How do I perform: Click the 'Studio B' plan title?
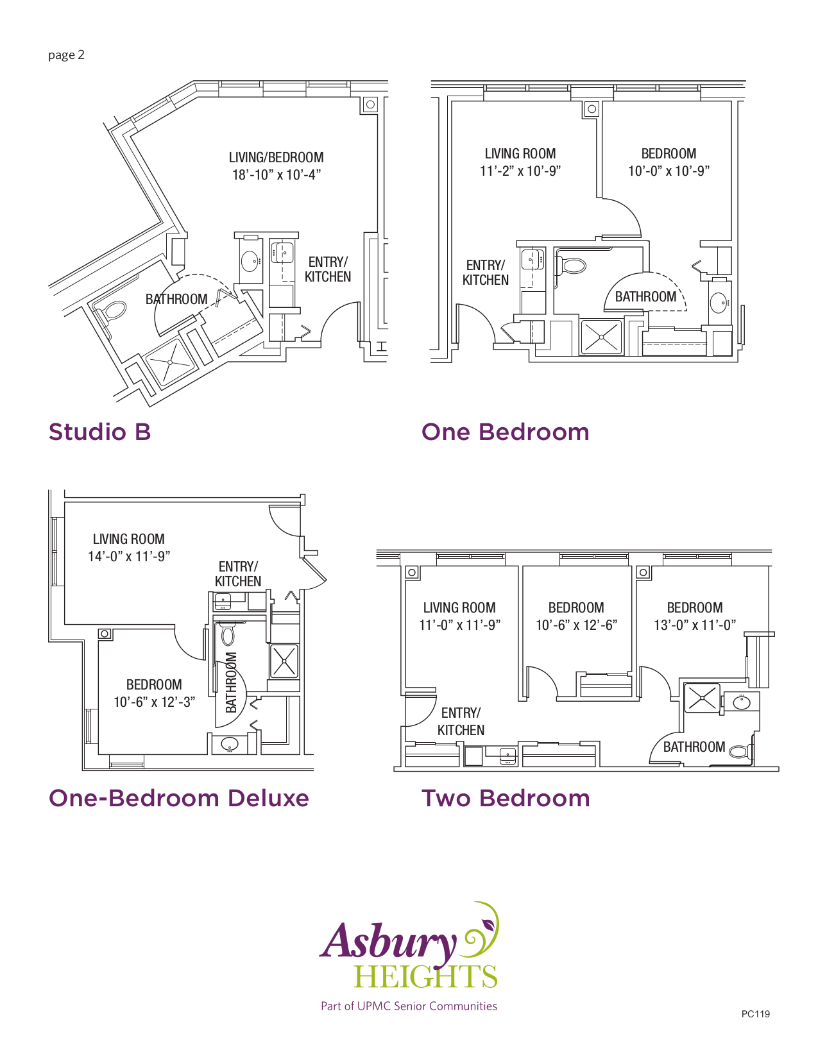99,432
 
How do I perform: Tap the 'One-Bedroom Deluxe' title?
179,799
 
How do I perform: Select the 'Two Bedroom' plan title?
506,799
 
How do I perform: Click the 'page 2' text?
66,55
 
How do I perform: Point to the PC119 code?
755,1014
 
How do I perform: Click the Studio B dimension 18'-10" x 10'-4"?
277,174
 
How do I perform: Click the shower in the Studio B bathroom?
170,362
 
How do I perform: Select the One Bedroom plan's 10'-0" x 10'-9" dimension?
669,171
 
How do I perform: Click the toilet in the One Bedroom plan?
572,265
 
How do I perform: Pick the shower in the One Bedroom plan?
601,337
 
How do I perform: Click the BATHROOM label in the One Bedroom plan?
645,297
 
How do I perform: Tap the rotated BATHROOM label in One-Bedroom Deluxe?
232,682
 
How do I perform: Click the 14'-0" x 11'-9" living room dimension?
129,556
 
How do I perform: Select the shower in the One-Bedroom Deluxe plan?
284,661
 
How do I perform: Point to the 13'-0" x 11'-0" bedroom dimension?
695,625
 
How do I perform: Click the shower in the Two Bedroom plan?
702,698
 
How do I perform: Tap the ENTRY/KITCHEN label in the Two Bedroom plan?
461,722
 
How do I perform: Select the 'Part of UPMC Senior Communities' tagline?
409,1006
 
